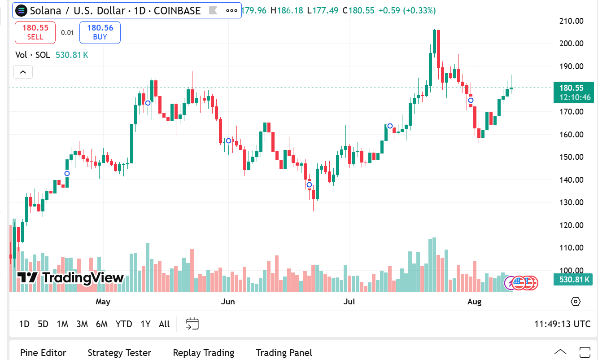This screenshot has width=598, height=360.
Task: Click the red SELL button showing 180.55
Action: (x=35, y=32)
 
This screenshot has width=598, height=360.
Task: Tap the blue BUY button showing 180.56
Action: (x=100, y=32)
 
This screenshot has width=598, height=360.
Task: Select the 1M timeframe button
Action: (x=62, y=324)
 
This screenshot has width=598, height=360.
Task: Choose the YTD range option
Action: (x=124, y=324)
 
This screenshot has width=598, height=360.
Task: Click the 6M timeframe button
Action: (x=102, y=324)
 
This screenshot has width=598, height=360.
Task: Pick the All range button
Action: (x=164, y=324)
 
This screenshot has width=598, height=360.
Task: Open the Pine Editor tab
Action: (x=43, y=353)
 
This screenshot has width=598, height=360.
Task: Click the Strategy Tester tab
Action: (x=119, y=353)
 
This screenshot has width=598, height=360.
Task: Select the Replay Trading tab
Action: (x=203, y=353)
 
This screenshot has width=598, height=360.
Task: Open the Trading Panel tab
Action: (x=284, y=353)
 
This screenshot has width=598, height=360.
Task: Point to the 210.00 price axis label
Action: (x=572, y=21)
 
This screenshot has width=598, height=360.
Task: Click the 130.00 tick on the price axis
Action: (x=572, y=202)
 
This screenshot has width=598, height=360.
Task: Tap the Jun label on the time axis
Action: (x=228, y=302)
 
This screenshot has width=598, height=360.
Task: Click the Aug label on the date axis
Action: (x=474, y=302)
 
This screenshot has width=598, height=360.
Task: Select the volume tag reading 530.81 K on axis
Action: (x=574, y=280)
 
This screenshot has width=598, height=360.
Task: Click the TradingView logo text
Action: (x=70, y=278)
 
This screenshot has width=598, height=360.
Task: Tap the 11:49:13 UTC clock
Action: (x=562, y=324)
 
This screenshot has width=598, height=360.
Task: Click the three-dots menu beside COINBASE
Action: (x=231, y=10)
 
